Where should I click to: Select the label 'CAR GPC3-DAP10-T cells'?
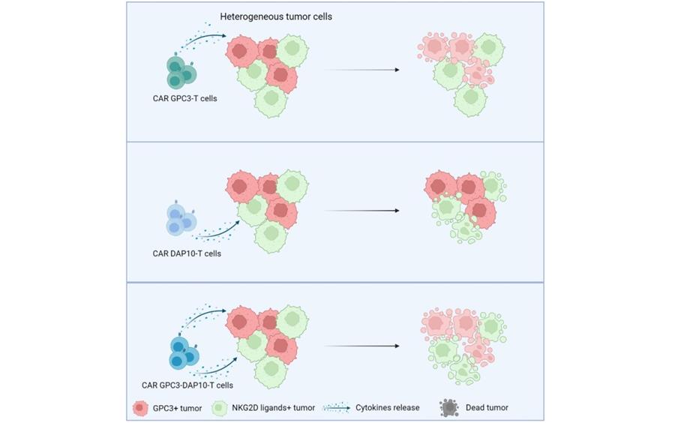click(187, 385)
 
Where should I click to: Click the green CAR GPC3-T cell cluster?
click(181, 72)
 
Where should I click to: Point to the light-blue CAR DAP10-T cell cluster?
click(181, 220)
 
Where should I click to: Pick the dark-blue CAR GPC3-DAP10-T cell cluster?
click(184, 353)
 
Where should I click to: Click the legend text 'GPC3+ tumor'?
click(177, 408)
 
